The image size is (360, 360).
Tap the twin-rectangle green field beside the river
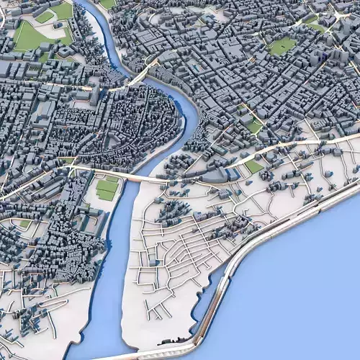pos(107,189)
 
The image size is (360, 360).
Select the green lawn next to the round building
pos(253,166)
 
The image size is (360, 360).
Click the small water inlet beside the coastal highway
pos(209,295)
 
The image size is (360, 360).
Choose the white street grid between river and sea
pos(180,252)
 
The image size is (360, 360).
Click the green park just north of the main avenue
pos(253,126)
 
